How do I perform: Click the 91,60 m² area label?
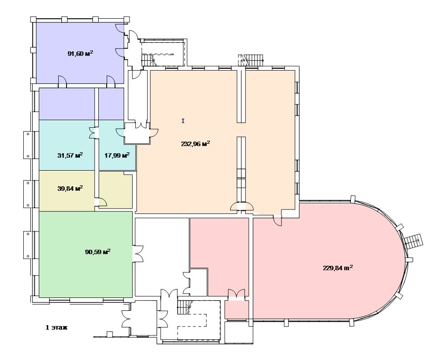pos(80,53)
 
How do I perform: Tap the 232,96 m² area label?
pos(196,143)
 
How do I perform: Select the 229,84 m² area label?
pos(338,268)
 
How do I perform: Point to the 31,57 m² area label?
pos(70,155)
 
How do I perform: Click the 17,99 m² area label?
pos(117,155)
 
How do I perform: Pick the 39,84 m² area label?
pos(70,188)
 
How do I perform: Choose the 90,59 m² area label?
pos(98,252)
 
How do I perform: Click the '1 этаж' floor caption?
pos(57,327)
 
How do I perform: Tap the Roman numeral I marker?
pos(183,121)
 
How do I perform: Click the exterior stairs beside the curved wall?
pos(413,241)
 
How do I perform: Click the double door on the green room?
pos(138,253)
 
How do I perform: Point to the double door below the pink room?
pos(236,294)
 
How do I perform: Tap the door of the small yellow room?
pos(101,202)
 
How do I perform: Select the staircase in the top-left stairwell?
pos(148,61)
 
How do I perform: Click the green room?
pos(86,254)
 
